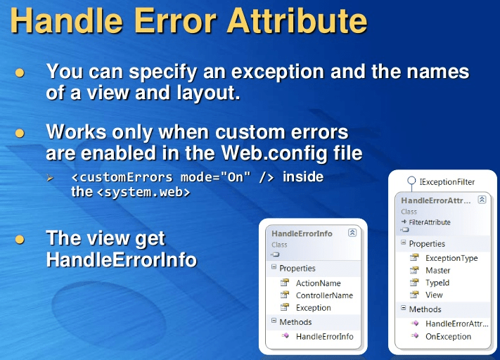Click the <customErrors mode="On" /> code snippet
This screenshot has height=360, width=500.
click(174, 176)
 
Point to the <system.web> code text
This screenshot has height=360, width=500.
click(143, 191)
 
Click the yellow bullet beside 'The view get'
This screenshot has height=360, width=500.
click(20, 240)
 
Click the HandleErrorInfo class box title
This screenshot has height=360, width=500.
click(302, 233)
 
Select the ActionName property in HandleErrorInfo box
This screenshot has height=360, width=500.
click(318, 283)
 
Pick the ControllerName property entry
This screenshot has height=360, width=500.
click(324, 295)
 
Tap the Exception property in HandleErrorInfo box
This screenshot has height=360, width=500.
click(313, 307)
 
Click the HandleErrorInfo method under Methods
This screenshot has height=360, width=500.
click(324, 337)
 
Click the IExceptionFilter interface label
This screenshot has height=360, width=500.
click(447, 181)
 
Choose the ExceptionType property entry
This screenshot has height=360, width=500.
click(451, 258)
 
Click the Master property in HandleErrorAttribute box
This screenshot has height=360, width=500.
click(438, 271)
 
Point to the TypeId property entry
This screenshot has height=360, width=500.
click(437, 283)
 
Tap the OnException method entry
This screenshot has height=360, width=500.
click(448, 336)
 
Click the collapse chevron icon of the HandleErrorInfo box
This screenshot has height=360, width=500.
click(352, 233)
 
